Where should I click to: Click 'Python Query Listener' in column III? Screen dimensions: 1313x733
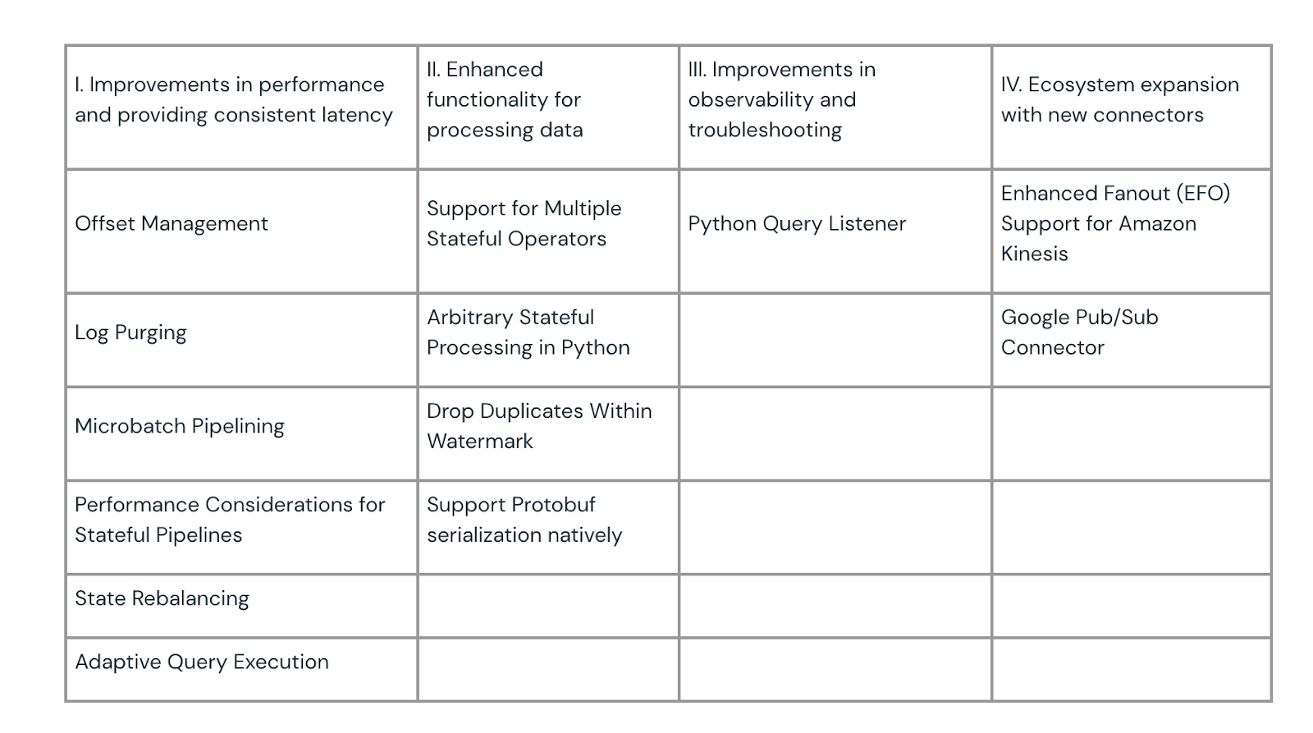(797, 224)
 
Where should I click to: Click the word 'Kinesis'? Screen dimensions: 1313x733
(1035, 254)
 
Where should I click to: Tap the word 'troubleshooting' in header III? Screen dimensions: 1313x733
(765, 131)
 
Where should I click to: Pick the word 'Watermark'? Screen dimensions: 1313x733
(480, 442)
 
